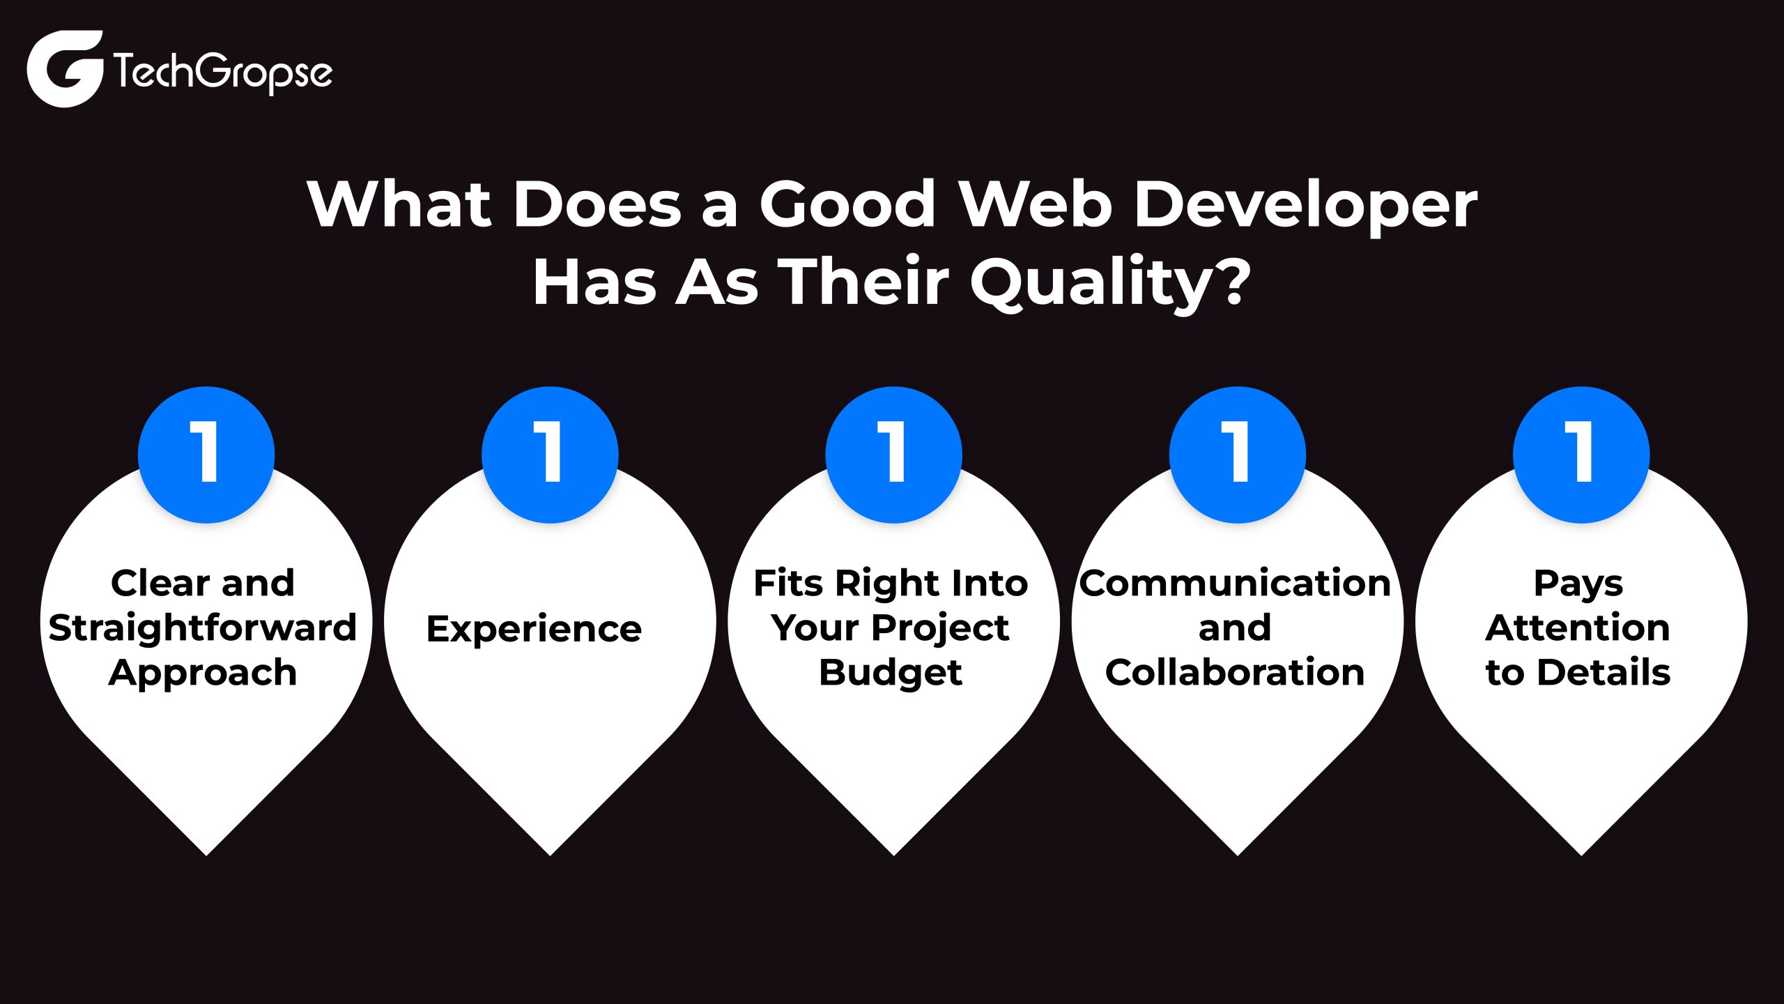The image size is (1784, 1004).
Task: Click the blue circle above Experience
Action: tap(550, 455)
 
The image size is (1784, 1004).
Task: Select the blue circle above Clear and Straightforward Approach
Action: tap(206, 455)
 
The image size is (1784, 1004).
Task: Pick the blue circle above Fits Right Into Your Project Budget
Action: tap(893, 455)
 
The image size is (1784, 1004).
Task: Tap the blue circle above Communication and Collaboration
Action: tap(1238, 455)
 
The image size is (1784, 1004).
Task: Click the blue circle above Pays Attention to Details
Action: tap(1581, 455)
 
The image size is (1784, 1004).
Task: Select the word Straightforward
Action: tap(203, 627)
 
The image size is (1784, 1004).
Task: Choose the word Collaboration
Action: tap(1235, 672)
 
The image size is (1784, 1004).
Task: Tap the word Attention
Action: tap(1578, 627)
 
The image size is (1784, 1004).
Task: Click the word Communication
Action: tap(1235, 583)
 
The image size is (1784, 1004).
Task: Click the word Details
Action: tap(1604, 672)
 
